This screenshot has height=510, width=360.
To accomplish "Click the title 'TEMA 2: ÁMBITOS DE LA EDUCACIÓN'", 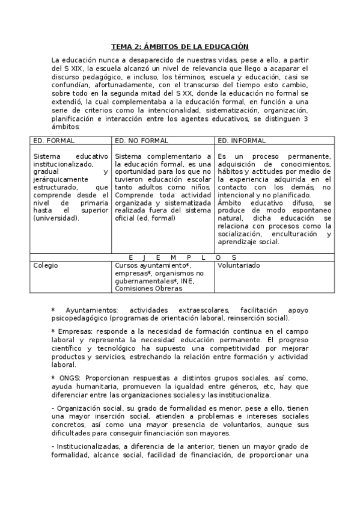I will [x=180, y=46].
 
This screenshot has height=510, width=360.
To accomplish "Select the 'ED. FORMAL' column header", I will [x=54, y=141].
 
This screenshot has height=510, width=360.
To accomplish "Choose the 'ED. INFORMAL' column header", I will [x=242, y=141].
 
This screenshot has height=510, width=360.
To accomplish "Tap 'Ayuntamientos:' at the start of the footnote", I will [x=89, y=310].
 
